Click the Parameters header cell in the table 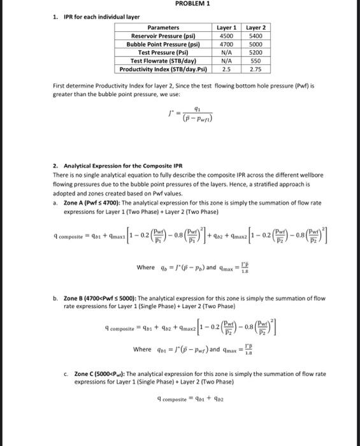(x=163, y=27)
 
